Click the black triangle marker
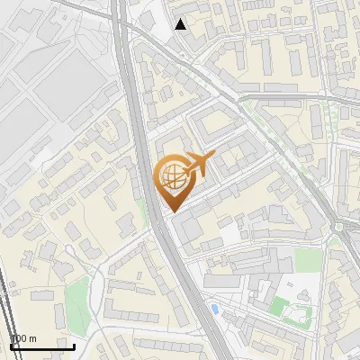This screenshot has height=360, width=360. [x=181, y=24]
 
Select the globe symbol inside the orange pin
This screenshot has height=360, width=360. [x=171, y=175]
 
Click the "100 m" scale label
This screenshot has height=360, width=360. [x=23, y=338]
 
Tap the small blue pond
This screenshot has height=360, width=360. [x=213, y=310]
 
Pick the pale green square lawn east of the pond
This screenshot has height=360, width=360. [x=308, y=260]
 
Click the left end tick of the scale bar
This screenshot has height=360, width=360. [x=11, y=345]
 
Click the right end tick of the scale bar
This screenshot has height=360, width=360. [x=74, y=345]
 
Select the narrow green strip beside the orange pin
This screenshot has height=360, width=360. [x=143, y=211]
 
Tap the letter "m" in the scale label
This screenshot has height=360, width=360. [x=32, y=338]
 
